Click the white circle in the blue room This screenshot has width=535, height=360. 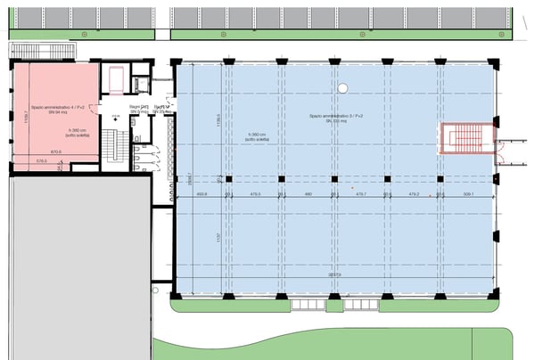[x=343, y=87]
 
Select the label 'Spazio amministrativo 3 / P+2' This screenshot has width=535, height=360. [x=334, y=116]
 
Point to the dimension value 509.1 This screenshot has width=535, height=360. [x=467, y=192]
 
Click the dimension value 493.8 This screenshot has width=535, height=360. [x=202, y=192]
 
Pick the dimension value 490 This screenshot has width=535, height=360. [x=309, y=192]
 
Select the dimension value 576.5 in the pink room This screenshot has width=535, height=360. [x=41, y=161]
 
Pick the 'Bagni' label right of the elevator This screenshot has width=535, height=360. [x=163, y=107]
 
